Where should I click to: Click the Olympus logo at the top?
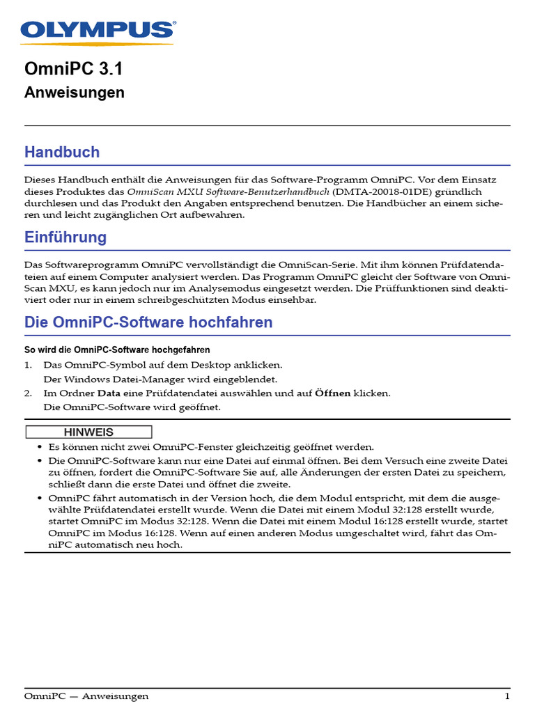[98, 29]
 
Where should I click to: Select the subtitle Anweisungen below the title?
[75, 92]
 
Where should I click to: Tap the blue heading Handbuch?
[62, 152]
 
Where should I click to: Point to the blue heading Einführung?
[65, 237]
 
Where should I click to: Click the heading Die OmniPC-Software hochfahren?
[148, 322]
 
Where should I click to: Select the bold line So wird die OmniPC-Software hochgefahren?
[117, 350]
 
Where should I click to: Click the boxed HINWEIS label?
[88, 432]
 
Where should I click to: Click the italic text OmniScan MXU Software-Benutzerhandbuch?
[228, 191]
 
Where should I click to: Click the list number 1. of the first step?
[29, 365]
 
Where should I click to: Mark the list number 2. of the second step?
[29, 393]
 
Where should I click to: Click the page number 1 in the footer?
[507, 696]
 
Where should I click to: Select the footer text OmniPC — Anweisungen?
[86, 696]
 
